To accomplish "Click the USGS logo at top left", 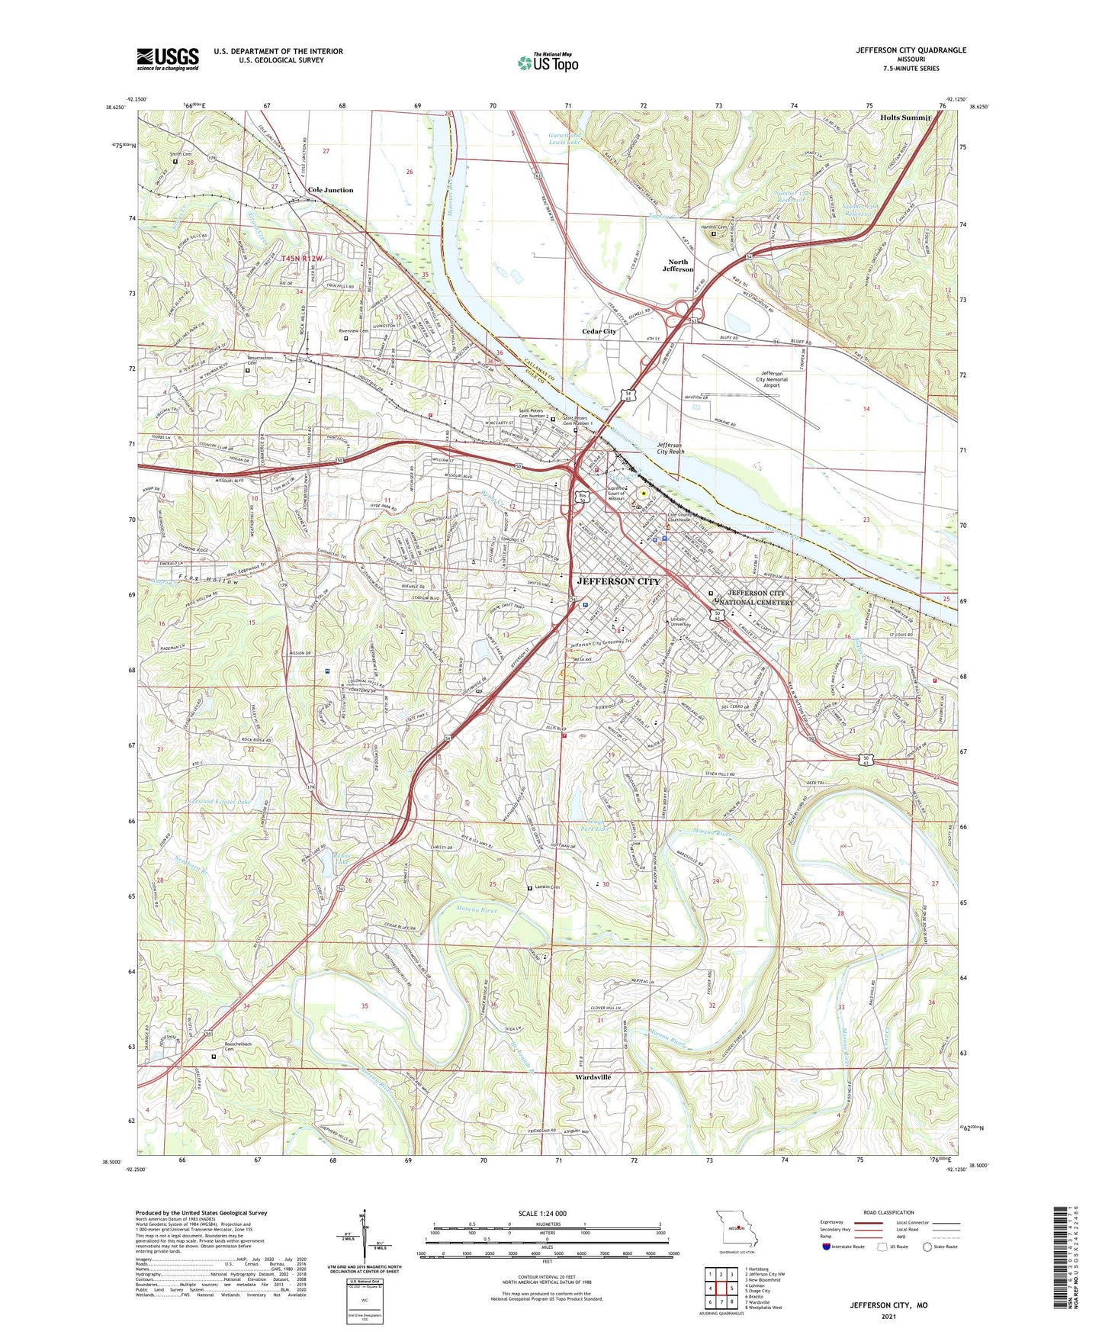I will pyautogui.click(x=168, y=59).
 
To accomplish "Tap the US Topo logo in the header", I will pyautogui.click(x=548, y=63).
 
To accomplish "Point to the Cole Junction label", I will pyautogui.click(x=330, y=190).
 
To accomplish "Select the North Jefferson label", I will pyautogui.click(x=677, y=265).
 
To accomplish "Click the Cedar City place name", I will pyautogui.click(x=599, y=332).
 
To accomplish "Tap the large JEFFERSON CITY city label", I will pyautogui.click(x=618, y=581).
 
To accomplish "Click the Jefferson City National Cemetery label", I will pyautogui.click(x=760, y=597).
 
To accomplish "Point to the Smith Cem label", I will pyautogui.click(x=180, y=154).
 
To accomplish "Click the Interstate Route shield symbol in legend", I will pyautogui.click(x=826, y=1247).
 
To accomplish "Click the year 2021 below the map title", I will pyautogui.click(x=888, y=1316).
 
